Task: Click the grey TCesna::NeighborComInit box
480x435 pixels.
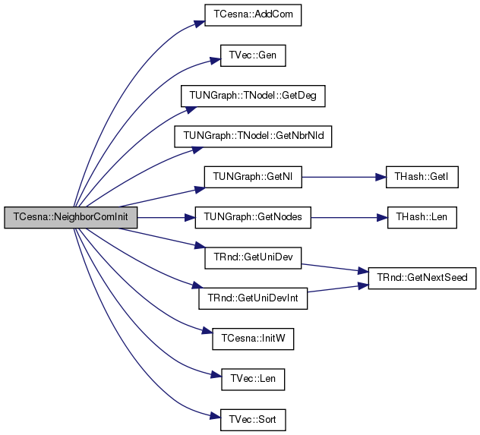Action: click(71, 217)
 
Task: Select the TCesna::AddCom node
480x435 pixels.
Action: click(253, 15)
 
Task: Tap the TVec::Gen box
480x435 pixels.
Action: click(253, 55)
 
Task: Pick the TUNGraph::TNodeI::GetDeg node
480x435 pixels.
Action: click(253, 96)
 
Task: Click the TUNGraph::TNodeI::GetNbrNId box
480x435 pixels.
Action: click(253, 137)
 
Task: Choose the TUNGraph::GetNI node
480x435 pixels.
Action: click(253, 177)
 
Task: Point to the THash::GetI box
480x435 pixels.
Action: click(422, 177)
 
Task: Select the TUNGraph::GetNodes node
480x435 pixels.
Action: click(253, 217)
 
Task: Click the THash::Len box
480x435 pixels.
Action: click(422, 217)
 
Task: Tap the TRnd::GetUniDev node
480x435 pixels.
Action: click(253, 258)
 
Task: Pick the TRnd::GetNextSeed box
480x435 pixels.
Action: click(422, 278)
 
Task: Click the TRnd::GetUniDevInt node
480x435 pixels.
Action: click(253, 298)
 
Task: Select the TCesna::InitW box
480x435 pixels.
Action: click(253, 339)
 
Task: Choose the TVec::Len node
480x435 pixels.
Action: click(253, 380)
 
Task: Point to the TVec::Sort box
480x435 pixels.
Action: click(253, 420)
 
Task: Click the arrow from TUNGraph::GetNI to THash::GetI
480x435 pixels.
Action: click(344, 177)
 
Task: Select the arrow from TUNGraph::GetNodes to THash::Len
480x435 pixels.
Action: click(349, 217)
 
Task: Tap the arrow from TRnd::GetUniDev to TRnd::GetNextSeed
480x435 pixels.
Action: click(335, 268)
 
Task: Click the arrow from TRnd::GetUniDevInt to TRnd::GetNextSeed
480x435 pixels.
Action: click(338, 288)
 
